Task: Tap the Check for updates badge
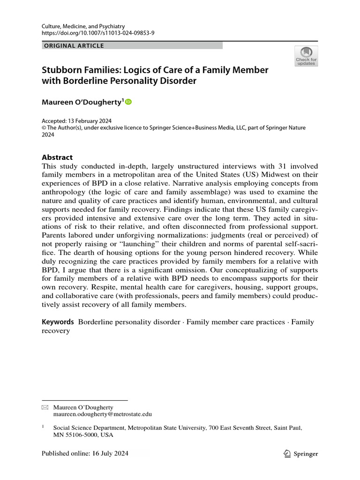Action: click(306, 56)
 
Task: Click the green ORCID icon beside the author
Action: click(128, 102)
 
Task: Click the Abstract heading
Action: click(57, 157)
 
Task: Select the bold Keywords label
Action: click(58, 322)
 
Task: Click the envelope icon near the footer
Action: click(45, 408)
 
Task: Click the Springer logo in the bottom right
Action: click(301, 453)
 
